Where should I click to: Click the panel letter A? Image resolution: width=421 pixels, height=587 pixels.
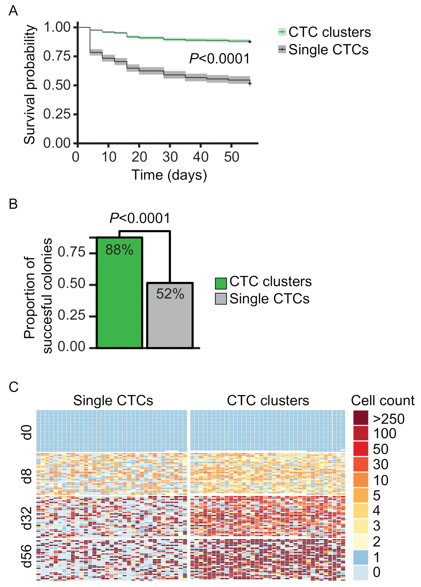13,11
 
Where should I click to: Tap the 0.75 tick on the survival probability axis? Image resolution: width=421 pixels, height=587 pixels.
57,56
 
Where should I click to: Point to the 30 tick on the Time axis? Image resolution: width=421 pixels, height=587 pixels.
170,157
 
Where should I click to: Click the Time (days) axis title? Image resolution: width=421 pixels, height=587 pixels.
169,175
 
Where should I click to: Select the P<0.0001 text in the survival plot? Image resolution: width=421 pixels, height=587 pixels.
220,59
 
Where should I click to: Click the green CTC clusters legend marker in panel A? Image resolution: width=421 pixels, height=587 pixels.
282,32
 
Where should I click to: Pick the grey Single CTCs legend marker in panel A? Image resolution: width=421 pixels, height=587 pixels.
282,50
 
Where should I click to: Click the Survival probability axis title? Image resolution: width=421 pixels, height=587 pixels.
29,84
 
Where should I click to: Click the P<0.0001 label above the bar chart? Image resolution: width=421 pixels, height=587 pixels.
140,218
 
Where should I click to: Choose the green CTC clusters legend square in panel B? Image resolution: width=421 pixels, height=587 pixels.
221,283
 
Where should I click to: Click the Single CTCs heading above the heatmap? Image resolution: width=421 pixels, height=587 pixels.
113,401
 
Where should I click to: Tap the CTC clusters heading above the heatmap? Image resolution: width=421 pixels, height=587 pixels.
268,401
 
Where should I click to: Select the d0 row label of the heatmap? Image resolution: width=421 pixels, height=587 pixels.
27,432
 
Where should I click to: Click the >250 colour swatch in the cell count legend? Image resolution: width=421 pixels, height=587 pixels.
361,418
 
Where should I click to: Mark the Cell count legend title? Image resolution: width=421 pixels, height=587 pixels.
382,401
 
